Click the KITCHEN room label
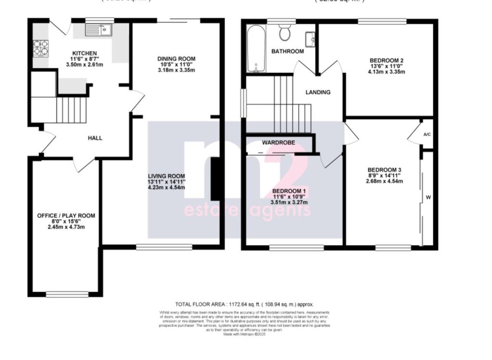(85, 53)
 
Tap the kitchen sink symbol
(98, 30)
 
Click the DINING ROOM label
(177, 59)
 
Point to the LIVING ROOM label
(166, 176)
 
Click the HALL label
(95, 138)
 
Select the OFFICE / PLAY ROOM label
(66, 215)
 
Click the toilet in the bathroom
(285, 33)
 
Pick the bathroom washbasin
(310, 37)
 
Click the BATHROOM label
(287, 51)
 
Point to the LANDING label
(318, 92)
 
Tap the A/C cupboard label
(427, 135)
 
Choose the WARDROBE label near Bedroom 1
(278, 143)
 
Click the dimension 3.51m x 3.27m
(288, 202)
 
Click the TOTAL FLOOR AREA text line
(244, 304)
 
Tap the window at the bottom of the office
(67, 294)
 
